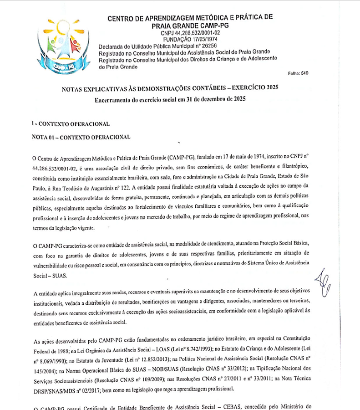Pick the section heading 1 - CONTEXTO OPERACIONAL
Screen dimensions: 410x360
(71, 123)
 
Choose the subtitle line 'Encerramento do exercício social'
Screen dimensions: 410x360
(170, 100)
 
